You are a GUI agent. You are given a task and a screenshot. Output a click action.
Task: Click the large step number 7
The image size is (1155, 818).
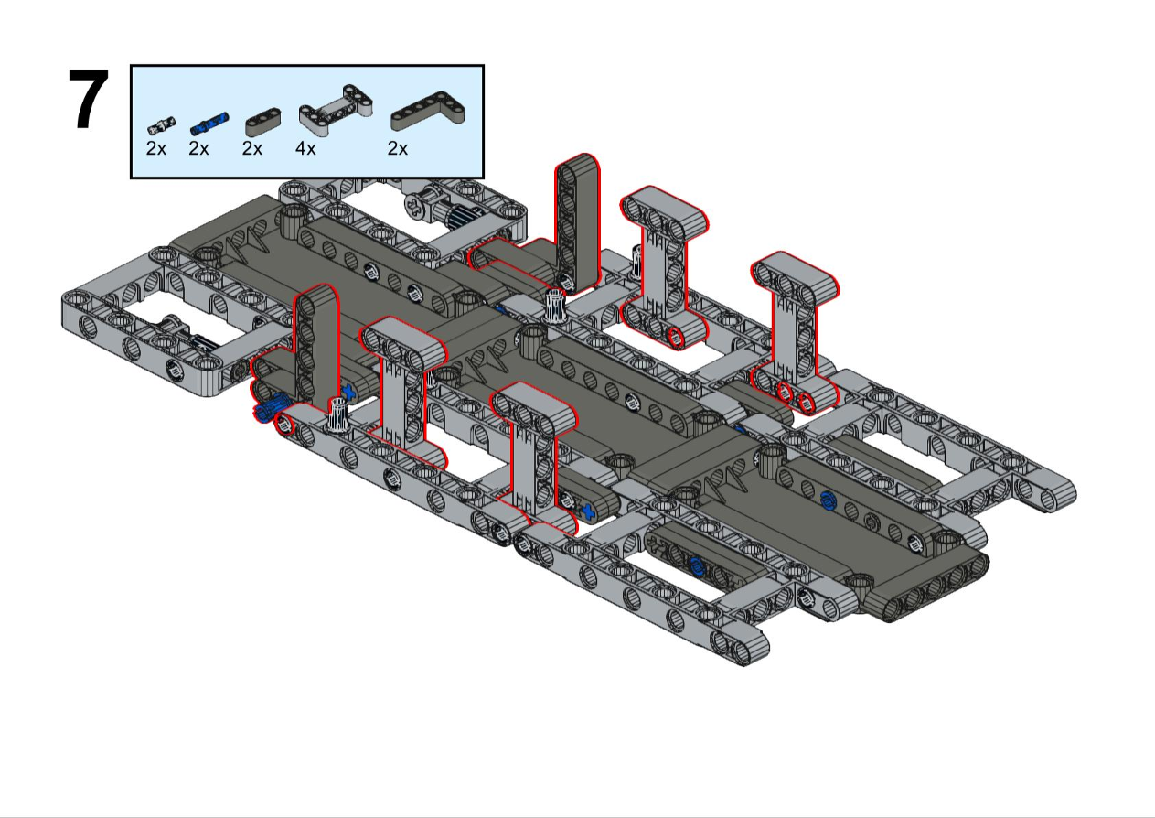click(88, 99)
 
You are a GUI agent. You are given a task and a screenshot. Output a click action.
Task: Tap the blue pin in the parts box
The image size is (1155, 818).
click(209, 123)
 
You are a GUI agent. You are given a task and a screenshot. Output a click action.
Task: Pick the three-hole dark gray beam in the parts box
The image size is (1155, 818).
click(263, 123)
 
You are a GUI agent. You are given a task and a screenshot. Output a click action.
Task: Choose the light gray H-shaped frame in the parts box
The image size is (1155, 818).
click(336, 112)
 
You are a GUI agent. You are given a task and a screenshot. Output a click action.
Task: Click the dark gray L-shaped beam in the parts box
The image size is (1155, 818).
click(428, 112)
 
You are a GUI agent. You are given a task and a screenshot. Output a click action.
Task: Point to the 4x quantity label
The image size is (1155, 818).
click(305, 149)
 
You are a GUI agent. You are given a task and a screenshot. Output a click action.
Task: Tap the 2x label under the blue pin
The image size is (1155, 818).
click(198, 149)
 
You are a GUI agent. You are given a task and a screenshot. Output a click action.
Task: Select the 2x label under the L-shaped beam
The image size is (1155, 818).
click(398, 149)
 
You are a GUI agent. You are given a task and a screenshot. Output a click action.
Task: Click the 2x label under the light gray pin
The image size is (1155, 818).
click(156, 149)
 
